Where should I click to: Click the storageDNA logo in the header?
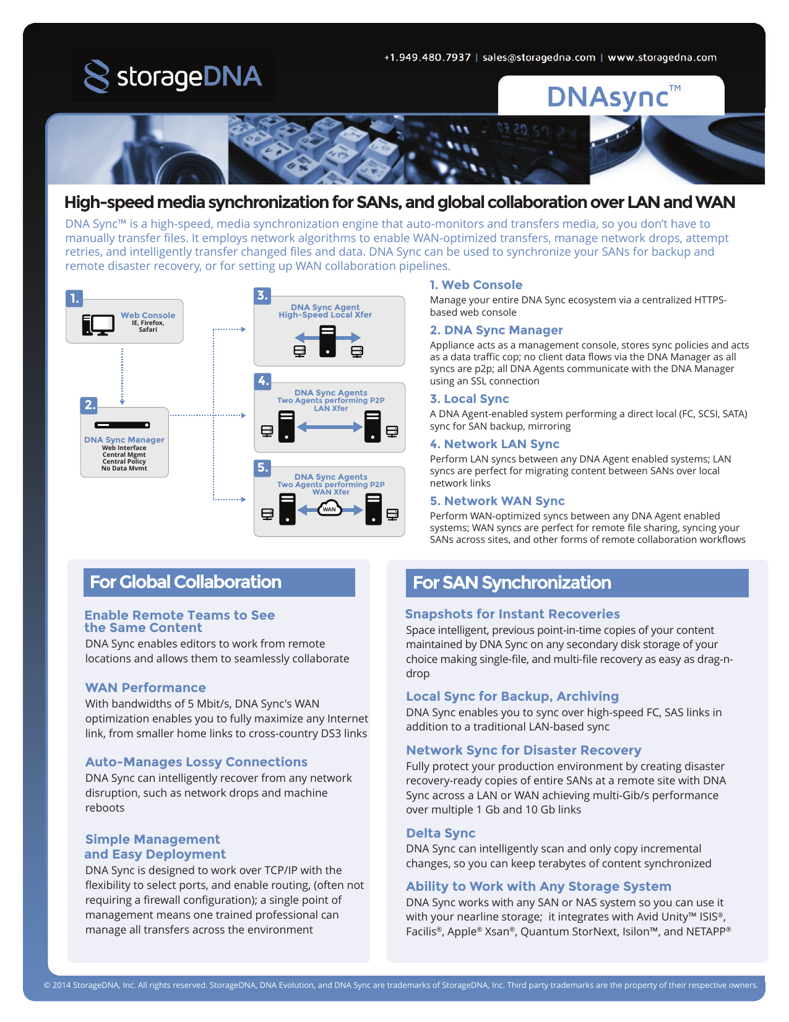(x=173, y=76)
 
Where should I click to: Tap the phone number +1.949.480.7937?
(x=427, y=58)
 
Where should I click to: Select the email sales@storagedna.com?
(x=539, y=58)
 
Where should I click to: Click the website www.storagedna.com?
(x=662, y=58)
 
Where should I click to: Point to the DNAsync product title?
(x=614, y=97)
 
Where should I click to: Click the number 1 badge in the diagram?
(x=74, y=298)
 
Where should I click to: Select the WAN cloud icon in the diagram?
(x=329, y=508)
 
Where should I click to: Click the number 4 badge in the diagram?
(x=263, y=381)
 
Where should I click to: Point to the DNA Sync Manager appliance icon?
(x=123, y=425)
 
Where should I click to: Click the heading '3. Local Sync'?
(x=469, y=399)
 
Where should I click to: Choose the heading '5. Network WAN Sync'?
(x=497, y=500)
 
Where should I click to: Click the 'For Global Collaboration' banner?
(x=219, y=582)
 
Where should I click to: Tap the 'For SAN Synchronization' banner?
(x=577, y=582)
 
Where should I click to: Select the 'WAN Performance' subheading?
(x=145, y=687)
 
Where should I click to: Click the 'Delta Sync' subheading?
(x=441, y=833)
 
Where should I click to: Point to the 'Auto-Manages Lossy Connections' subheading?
(x=196, y=761)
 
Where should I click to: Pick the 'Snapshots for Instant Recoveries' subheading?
(x=512, y=613)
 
